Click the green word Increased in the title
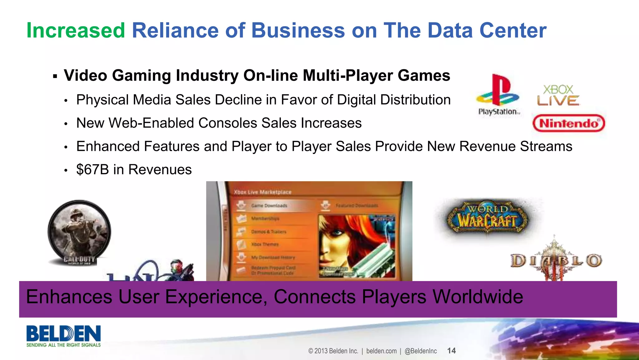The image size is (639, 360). click(76, 31)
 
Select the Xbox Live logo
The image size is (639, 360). click(558, 96)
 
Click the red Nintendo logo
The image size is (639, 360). click(569, 123)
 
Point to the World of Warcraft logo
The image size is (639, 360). click(487, 217)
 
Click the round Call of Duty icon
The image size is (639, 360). click(79, 233)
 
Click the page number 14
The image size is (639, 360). click(451, 351)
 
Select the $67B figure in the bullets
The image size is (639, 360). click(93, 170)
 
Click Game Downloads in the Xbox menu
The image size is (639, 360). click(269, 205)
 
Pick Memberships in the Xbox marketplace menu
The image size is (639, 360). click(265, 219)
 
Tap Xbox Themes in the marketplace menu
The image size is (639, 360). click(265, 244)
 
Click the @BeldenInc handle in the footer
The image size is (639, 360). click(421, 351)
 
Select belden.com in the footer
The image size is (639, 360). click(381, 351)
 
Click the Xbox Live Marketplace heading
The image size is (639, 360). click(262, 192)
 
